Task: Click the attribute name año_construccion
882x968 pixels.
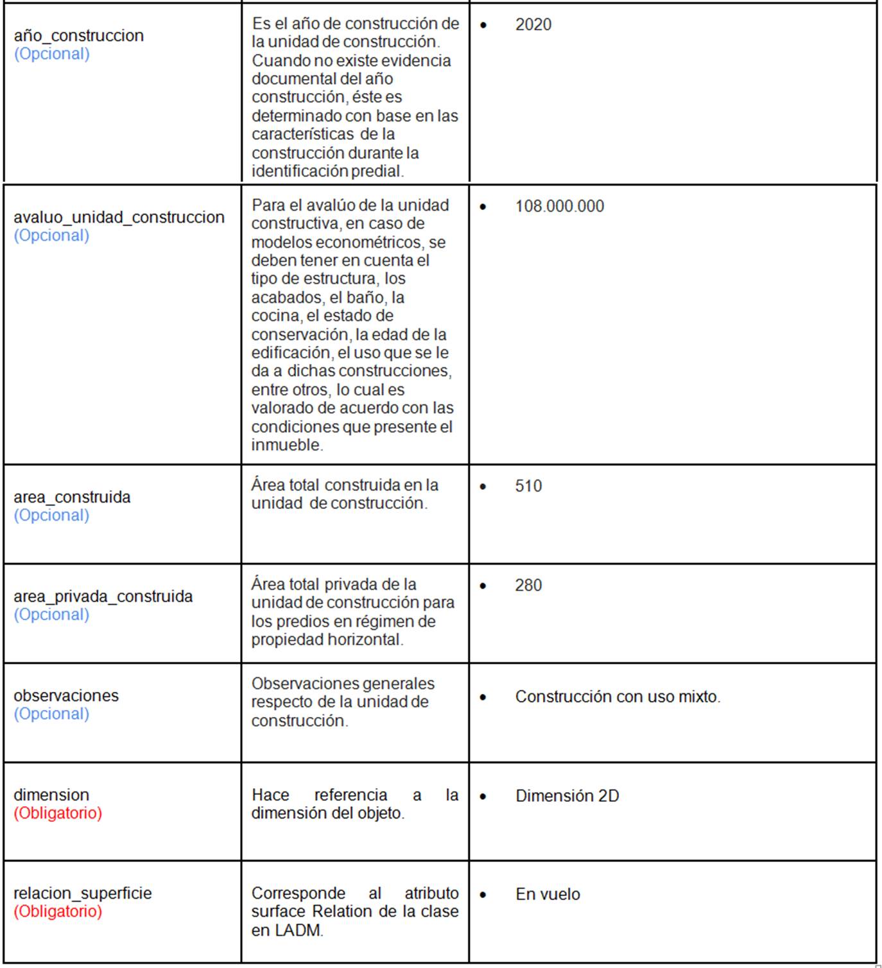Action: [78, 35]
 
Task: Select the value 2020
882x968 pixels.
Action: [533, 24]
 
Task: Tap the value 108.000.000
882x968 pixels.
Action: [559, 206]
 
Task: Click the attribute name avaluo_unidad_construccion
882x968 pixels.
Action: [119, 217]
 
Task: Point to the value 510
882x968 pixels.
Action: [528, 486]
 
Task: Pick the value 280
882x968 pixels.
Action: [528, 585]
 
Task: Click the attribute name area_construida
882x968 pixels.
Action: [72, 497]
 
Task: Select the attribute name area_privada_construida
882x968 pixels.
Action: [103, 596]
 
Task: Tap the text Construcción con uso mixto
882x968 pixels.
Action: [618, 696]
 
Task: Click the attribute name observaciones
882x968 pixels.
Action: [66, 695]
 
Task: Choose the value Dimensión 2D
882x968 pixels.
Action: [567, 796]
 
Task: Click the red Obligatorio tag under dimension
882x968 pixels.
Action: [58, 813]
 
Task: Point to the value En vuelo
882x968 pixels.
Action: [548, 894]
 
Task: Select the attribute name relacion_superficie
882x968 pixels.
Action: [83, 893]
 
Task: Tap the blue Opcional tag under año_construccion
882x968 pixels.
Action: [51, 54]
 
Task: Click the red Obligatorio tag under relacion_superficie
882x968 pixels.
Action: [58, 911]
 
